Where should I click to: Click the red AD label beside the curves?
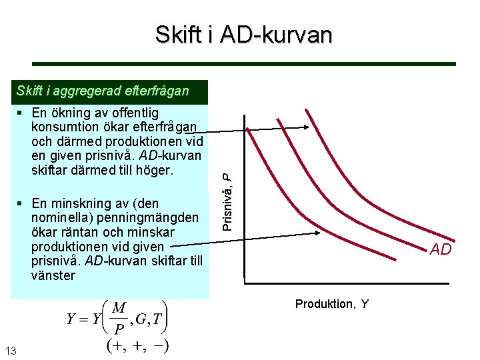click(441, 249)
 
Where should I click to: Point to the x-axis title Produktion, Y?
click(332, 304)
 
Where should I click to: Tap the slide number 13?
click(11, 351)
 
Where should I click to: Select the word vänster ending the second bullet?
click(53, 275)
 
